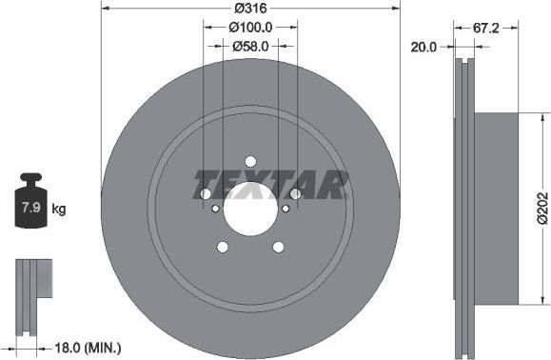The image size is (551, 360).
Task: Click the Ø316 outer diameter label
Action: click(250, 10)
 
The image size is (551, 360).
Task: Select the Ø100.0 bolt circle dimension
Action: click(250, 28)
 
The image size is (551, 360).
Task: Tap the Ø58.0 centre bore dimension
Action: click(250, 45)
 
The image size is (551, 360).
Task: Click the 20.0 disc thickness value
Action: click(423, 45)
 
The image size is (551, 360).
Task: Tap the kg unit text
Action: click(59, 208)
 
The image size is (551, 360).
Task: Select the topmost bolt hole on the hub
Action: click(250, 161)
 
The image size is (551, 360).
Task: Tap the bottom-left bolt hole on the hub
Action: click(223, 247)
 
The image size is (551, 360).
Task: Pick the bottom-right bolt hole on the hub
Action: click(278, 247)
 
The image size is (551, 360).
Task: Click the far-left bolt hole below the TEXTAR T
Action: click(206, 194)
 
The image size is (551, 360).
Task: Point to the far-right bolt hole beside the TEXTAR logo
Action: click(295, 194)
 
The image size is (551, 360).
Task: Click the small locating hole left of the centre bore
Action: click(216, 209)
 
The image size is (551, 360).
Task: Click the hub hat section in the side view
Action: click(497, 209)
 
